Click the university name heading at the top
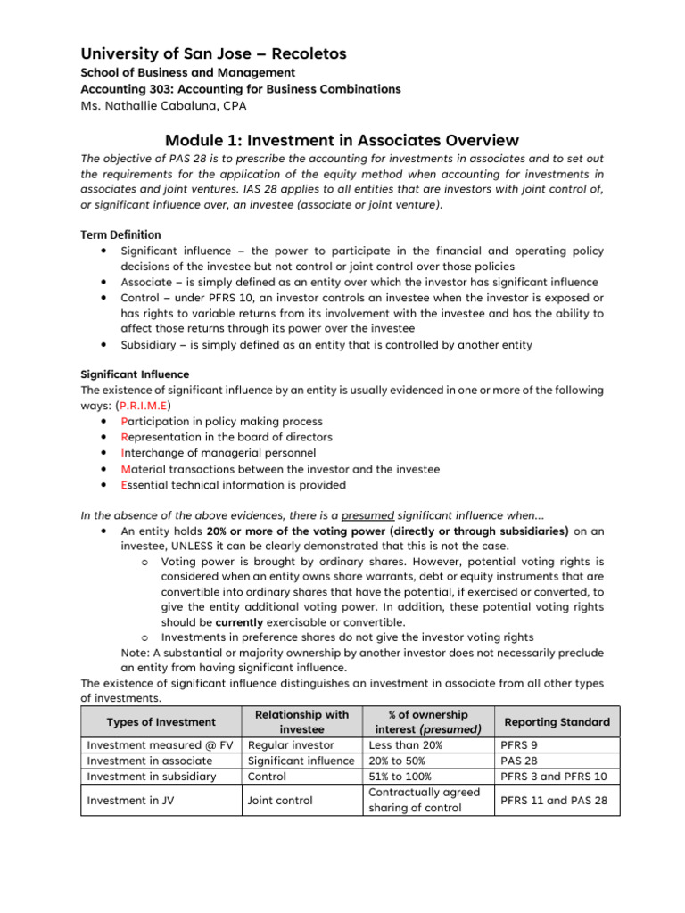pos(213,54)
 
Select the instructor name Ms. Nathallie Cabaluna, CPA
pos(166,106)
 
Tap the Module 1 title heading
pos(342,140)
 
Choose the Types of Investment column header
pos(161,721)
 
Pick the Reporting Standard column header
pos(557,721)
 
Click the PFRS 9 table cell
pos(518,744)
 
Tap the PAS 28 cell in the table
pos(518,761)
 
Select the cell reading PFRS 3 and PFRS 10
pos(553,777)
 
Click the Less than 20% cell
pos(404,744)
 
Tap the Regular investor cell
pos(291,744)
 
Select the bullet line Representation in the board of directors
pos(227,437)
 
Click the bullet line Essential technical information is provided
pos(233,485)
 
